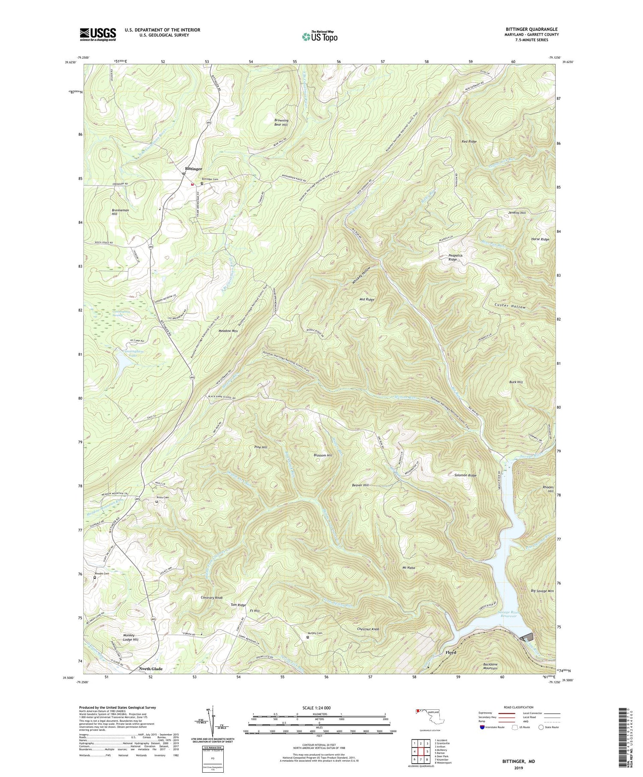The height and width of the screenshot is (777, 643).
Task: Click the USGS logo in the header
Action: pyautogui.click(x=98, y=34)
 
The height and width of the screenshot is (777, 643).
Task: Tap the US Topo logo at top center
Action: pyautogui.click(x=319, y=36)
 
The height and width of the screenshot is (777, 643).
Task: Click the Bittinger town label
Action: pyautogui.click(x=193, y=169)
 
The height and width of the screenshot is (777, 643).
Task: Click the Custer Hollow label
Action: pyautogui.click(x=509, y=307)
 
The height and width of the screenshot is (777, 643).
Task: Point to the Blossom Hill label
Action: pyautogui.click(x=323, y=455)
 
